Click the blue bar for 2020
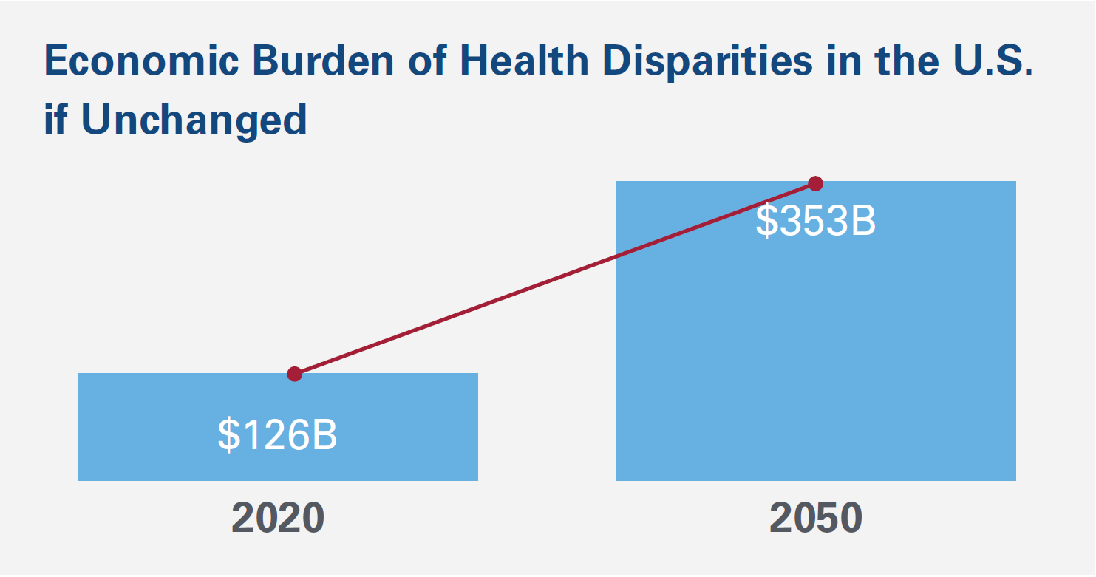(278, 399)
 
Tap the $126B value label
(278, 436)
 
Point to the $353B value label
(816, 221)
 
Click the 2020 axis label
(278, 519)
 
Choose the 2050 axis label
(816, 519)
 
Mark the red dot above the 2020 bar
(295, 374)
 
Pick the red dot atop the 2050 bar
(815, 183)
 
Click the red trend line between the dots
(554, 279)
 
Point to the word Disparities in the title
(708, 61)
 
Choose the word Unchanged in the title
(194, 120)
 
